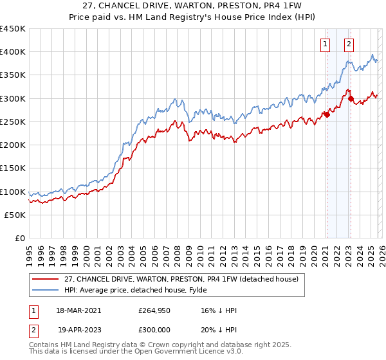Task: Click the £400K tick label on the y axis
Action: click(13, 52)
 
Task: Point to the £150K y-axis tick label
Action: click(13, 168)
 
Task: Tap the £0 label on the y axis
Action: click(19, 239)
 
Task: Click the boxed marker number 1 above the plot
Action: click(326, 44)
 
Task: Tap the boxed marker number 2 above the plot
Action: click(349, 44)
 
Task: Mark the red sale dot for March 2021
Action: click(327, 115)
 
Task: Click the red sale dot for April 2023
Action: click(351, 98)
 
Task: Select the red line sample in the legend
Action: click(46, 280)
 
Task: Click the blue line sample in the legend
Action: click(46, 291)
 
